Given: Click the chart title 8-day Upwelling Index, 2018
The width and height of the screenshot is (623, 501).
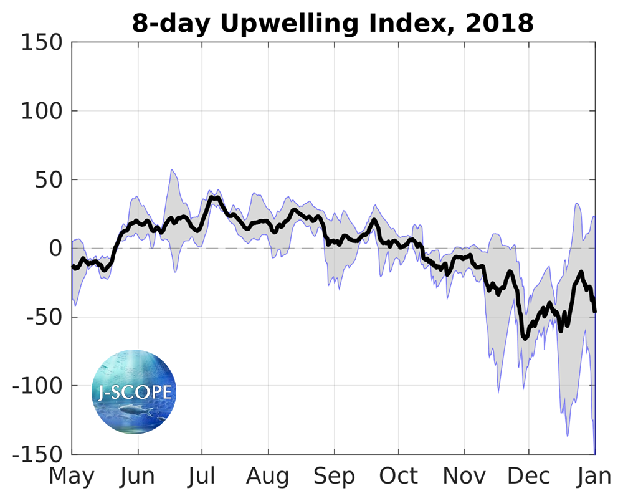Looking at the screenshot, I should [x=333, y=23].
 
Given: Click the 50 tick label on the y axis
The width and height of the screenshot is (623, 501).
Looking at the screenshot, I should [x=49, y=180].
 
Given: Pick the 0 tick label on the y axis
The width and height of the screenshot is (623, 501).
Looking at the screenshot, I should [x=56, y=249].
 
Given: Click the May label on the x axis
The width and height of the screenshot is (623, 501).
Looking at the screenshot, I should [x=72, y=477].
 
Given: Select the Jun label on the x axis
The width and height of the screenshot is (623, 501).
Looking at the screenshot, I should [x=137, y=477].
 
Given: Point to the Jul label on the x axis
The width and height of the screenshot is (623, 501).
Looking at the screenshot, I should [x=202, y=477].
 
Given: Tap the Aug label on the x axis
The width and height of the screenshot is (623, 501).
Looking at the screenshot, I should [x=268, y=477].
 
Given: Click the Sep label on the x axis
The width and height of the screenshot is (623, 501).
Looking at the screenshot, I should [x=335, y=477].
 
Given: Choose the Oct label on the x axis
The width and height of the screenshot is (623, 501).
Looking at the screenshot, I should [x=399, y=477].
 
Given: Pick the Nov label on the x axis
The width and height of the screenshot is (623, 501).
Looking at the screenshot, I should [x=464, y=477].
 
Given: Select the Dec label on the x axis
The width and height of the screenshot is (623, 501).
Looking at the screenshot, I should [x=528, y=477].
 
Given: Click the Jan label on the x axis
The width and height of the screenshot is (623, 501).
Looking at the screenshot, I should [x=593, y=477].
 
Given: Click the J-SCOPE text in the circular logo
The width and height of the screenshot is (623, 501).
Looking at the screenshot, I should [x=135, y=392].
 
